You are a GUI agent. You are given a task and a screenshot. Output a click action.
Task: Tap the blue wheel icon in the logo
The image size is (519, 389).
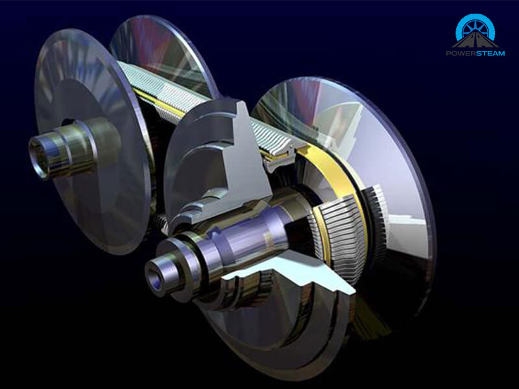coord(476,27)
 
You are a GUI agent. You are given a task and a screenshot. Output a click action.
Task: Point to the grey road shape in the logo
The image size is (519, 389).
coord(476,41)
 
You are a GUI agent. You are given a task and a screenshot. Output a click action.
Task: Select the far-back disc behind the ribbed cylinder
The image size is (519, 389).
coord(162,45)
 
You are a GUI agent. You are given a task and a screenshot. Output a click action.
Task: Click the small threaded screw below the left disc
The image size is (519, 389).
coord(162,224)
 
